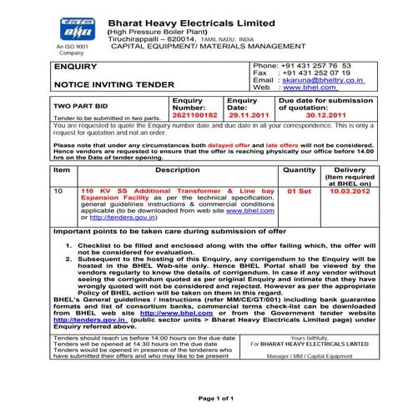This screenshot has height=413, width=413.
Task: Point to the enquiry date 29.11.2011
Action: tap(248, 118)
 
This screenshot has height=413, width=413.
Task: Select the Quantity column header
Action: tap(299, 169)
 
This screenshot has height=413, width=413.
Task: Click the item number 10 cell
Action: tap(58, 191)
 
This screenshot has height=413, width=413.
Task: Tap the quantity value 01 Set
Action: tap(298, 191)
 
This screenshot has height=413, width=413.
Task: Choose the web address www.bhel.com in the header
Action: tap(305, 87)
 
